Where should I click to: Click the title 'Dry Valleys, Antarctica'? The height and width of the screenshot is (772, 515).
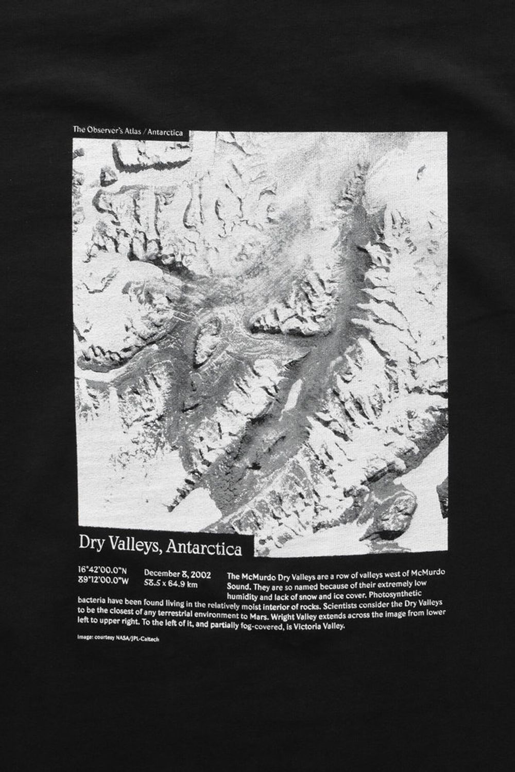click(160, 546)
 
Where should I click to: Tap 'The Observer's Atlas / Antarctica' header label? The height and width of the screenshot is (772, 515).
click(128, 132)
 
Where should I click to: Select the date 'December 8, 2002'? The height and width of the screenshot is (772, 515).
click(176, 573)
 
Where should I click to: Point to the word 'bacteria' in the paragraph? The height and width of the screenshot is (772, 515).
click(92, 601)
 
